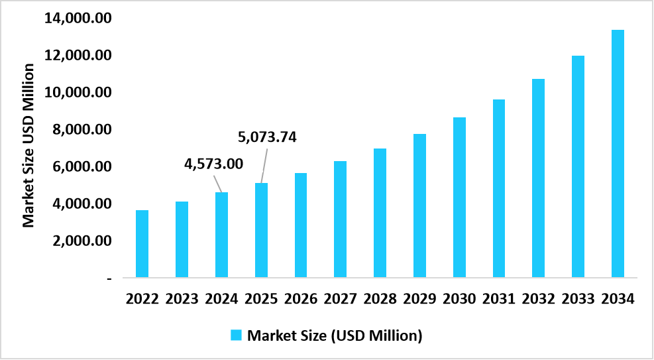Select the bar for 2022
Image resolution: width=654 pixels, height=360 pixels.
click(x=142, y=243)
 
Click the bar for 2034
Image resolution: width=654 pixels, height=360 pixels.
click(x=618, y=153)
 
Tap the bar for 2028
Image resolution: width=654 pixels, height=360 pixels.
click(x=380, y=212)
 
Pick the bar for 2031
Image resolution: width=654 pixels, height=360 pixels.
click(x=498, y=188)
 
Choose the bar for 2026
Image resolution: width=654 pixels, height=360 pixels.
click(x=300, y=225)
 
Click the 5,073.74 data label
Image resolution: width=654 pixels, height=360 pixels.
click(x=267, y=138)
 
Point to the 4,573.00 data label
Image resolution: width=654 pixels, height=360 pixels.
click(x=213, y=163)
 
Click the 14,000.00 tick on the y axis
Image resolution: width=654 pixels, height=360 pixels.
click(x=78, y=18)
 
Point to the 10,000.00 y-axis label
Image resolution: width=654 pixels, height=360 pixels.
click(x=78, y=92)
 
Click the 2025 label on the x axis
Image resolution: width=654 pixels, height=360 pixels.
click(x=261, y=298)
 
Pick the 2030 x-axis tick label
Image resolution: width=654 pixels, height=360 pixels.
click(x=459, y=298)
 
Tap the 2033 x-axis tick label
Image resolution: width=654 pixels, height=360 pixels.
click(x=578, y=298)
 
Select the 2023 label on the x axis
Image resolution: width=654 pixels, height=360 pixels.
click(x=182, y=298)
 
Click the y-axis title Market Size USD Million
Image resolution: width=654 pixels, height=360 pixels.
click(x=28, y=145)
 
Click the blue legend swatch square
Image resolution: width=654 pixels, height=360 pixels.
click(x=236, y=335)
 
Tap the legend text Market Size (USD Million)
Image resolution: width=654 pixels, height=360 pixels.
click(x=335, y=335)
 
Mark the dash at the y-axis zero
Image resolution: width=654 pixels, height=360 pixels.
click(x=109, y=278)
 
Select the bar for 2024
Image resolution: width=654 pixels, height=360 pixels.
click(x=221, y=234)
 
